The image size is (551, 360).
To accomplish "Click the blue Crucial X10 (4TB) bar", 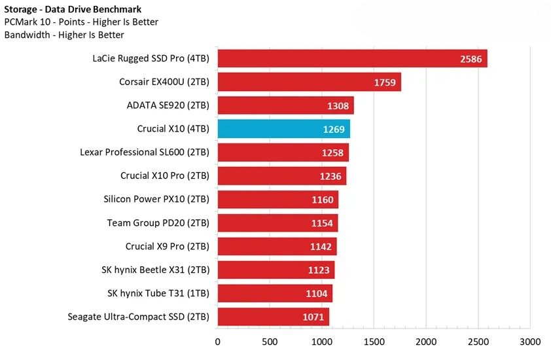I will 283,129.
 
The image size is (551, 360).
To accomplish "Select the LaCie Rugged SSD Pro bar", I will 352,59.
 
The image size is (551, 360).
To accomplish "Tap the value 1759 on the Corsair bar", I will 385,82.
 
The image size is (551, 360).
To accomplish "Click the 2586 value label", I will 471,59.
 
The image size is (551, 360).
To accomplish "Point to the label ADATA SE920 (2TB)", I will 168,105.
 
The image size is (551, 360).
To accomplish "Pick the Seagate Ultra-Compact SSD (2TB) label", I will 138,317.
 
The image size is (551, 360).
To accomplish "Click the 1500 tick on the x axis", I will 374,341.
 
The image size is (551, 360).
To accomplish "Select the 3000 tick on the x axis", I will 530,341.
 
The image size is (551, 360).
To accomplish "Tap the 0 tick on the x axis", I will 218,341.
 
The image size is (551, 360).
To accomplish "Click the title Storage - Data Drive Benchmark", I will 73,9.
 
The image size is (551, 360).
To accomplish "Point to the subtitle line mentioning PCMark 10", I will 81,22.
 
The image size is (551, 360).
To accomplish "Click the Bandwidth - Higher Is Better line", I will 64,35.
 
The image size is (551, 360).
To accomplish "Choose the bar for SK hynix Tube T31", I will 275,293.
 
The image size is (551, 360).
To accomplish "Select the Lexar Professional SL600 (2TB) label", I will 145,153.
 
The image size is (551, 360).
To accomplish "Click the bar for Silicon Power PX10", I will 277,200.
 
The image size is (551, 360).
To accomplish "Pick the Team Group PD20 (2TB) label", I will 158,223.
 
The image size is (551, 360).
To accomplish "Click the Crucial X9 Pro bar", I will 277,247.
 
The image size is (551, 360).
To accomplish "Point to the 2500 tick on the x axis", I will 478,341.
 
